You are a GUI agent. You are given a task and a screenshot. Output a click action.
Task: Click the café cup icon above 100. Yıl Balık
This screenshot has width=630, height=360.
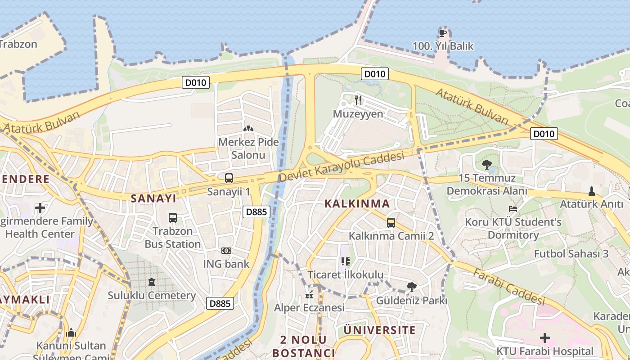click(x=443, y=33)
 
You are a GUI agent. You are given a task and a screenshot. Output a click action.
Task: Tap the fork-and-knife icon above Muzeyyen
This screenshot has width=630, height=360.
click(x=358, y=100)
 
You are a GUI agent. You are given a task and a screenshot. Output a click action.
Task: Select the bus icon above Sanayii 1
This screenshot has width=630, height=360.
click(x=229, y=178)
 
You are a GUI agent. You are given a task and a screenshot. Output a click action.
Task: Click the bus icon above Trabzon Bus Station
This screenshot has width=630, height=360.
click(x=173, y=218)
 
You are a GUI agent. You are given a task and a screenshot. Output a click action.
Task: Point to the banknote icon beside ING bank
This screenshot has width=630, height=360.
click(x=226, y=251)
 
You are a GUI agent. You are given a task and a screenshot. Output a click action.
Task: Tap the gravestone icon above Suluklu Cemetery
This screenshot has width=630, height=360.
click(x=152, y=282)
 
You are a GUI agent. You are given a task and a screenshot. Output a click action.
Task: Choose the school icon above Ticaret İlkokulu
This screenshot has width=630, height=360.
click(x=345, y=261)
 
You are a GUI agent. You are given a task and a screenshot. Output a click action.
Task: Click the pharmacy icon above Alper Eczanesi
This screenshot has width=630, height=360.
click(x=309, y=295)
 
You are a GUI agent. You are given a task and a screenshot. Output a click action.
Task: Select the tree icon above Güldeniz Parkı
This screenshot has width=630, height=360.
click(x=411, y=287)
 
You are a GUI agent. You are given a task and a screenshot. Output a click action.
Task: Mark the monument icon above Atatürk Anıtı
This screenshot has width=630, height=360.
click(x=592, y=191)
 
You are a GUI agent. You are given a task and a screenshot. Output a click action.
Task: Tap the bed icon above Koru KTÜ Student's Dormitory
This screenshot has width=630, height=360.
click(x=513, y=209)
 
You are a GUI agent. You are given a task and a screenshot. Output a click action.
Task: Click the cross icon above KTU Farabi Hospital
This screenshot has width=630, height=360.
click(x=545, y=337)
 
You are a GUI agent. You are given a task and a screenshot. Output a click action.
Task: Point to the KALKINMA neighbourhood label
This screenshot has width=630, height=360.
click(x=357, y=204)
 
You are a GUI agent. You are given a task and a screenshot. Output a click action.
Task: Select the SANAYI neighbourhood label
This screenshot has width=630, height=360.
click(x=153, y=198)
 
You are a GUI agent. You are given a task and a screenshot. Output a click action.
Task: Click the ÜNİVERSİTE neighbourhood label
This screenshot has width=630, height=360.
click(x=380, y=330)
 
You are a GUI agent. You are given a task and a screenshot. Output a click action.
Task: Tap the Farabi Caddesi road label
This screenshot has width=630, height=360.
click(x=508, y=287)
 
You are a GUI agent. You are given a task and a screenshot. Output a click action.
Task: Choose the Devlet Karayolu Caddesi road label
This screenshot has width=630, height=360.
click(x=342, y=167)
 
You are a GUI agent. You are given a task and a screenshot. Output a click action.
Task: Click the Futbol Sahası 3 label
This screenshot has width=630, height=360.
click(x=571, y=253)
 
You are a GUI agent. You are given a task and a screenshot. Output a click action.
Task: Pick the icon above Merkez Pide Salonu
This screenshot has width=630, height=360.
click(x=248, y=129)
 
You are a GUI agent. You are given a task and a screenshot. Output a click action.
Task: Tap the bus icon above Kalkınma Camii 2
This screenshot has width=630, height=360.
click(x=391, y=222)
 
